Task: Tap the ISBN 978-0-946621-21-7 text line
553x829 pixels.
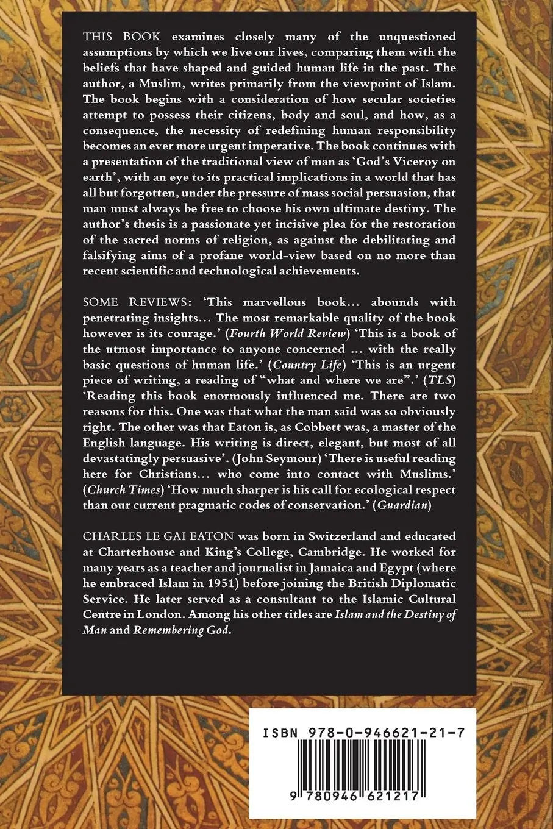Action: pyautogui.click(x=362, y=735)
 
